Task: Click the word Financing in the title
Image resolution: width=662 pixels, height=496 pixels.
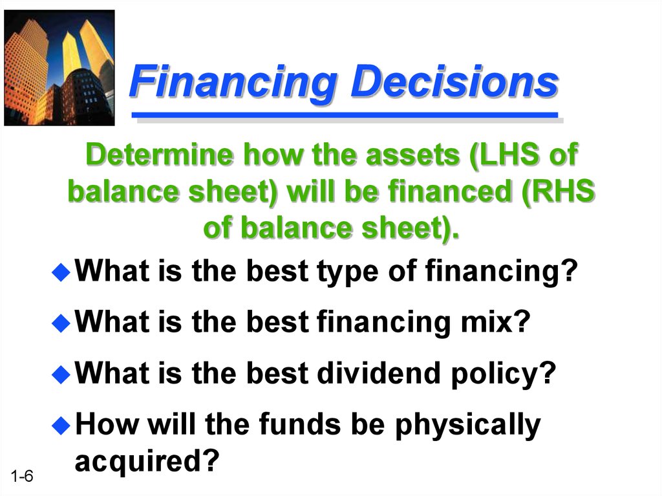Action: (233, 83)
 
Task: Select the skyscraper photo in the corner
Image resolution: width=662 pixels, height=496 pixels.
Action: (59, 68)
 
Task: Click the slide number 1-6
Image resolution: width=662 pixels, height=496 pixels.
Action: (22, 476)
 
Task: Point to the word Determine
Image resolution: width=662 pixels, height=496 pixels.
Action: (159, 154)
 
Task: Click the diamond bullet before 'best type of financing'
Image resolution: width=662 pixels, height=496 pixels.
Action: (61, 272)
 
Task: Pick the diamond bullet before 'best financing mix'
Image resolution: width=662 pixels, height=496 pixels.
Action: (61, 323)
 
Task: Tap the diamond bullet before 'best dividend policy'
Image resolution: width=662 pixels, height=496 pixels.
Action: (61, 374)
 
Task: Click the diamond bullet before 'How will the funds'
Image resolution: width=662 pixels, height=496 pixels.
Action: (61, 426)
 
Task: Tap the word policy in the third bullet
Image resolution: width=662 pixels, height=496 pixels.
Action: (495, 374)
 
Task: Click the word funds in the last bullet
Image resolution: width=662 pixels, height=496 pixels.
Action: (299, 424)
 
